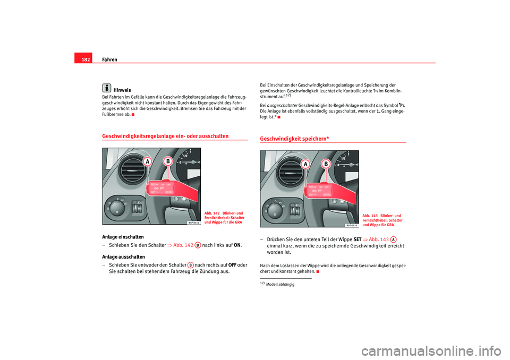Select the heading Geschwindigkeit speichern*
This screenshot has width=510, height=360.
[294, 139]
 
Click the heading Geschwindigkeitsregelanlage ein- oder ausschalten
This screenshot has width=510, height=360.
[165, 136]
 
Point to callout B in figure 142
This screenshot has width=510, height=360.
[168, 160]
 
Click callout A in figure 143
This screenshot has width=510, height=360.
[307, 165]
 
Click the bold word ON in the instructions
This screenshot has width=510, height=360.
[237, 245]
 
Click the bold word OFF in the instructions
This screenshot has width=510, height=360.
[232, 265]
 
